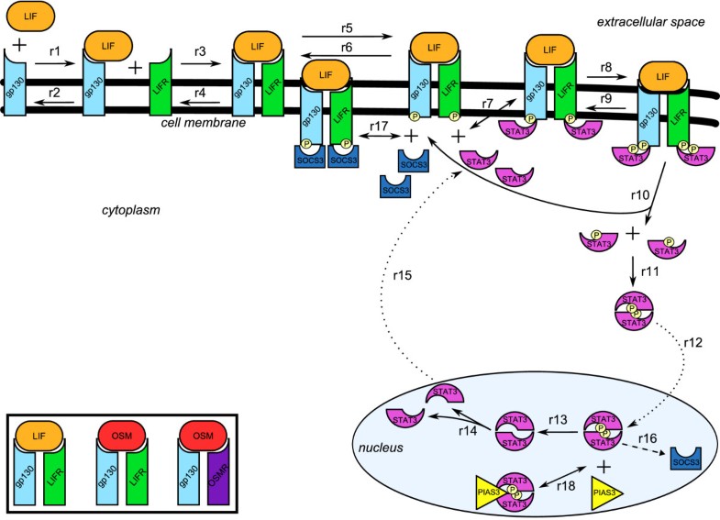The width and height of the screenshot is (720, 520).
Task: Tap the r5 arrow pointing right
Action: [347, 37]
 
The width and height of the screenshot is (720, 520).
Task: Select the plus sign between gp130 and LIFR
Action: [134, 68]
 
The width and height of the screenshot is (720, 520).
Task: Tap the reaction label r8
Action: [604, 67]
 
